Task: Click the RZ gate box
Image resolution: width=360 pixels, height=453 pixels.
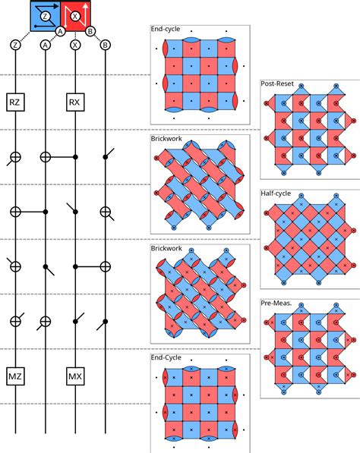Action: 15,102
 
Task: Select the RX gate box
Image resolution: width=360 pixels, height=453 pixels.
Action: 75,102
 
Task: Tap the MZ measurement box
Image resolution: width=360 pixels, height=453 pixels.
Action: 15,376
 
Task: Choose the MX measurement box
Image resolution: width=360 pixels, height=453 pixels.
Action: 75,376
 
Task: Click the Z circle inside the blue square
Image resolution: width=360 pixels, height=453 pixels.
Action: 45,16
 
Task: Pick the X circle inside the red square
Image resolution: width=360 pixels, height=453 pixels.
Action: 75,16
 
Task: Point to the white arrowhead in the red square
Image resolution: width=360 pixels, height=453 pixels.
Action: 86,6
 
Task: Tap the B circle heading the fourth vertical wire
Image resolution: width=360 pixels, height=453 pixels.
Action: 106,45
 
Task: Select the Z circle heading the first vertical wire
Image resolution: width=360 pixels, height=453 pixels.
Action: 15,45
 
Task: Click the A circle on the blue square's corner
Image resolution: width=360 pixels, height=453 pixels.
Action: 60,31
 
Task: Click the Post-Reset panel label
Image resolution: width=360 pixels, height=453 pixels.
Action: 277,83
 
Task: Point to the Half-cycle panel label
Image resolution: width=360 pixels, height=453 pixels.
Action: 276,193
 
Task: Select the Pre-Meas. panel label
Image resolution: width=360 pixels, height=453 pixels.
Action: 276,303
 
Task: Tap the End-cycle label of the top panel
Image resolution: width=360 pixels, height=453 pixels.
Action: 166,29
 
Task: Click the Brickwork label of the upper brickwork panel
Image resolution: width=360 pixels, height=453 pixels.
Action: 166,138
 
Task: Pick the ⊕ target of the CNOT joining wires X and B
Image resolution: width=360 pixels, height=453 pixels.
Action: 106,266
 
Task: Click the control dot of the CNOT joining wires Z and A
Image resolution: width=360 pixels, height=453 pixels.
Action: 46,212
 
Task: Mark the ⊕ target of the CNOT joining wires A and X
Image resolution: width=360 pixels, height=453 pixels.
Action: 46,157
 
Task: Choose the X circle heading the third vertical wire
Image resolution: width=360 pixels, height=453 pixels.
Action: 75,45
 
